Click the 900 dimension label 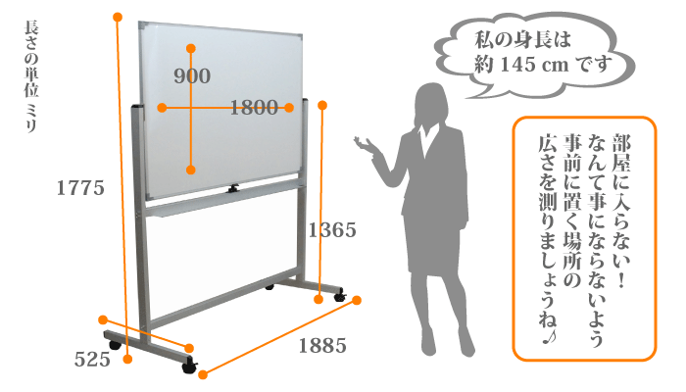coord(192,76)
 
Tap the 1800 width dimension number coord(254,107)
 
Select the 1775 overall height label coord(80,188)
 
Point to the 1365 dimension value coord(332,230)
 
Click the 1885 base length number coord(322,346)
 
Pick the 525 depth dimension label coord(92,360)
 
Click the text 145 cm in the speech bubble coord(534,65)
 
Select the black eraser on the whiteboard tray coord(233,189)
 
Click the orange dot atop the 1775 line coord(118,17)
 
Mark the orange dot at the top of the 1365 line coord(322,105)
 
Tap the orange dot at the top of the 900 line coord(191,48)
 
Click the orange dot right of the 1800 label coord(289,108)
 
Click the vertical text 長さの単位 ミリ coord(31,76)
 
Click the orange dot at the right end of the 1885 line coord(357,300)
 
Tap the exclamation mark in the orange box coord(620,280)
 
